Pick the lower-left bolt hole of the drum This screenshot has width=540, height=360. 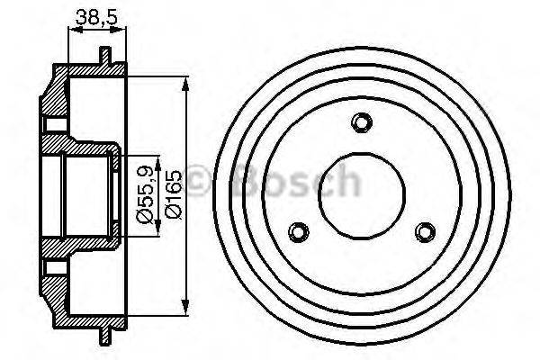click(301, 232)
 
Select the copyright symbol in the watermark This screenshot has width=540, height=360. click(200, 183)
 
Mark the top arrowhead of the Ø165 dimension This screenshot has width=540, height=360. click(186, 84)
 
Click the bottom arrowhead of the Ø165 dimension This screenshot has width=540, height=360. click(186, 305)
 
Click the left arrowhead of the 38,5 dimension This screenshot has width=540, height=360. click(72, 30)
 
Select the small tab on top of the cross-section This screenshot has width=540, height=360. click(105, 56)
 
